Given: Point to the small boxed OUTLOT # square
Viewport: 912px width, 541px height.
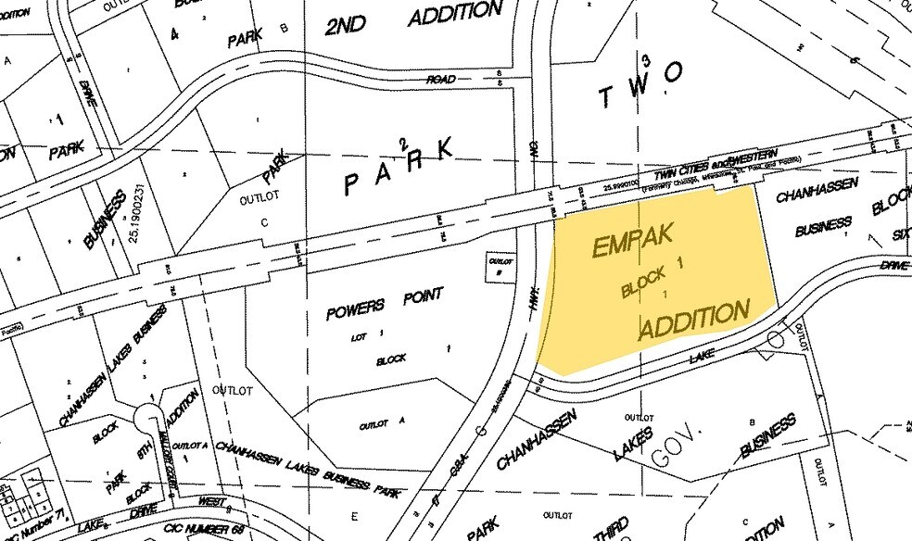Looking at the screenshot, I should coord(500,266).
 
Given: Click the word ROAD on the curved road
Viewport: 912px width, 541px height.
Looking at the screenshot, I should coord(440,80).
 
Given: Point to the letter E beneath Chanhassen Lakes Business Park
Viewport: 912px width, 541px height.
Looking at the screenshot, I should coord(355,516).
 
